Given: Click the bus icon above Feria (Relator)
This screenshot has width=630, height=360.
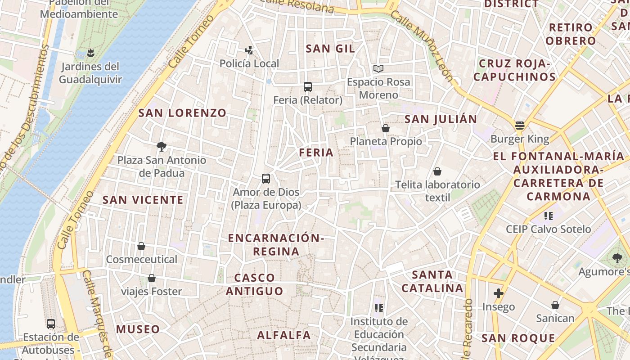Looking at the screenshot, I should (308, 87).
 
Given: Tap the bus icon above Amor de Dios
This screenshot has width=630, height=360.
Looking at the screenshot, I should (266, 179).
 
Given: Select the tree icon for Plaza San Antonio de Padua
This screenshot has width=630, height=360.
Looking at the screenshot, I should (161, 146).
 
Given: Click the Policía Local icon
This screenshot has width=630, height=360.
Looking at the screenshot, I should (249, 50).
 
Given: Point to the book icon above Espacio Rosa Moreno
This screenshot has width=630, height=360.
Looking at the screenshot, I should (378, 69).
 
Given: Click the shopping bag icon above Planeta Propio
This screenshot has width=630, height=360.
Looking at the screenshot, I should (386, 128).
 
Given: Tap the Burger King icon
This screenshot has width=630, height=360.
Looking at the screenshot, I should (520, 126).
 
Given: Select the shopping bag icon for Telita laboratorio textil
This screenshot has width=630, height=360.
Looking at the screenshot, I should (437, 171).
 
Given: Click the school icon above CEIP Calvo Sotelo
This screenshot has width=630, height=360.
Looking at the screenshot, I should (548, 216).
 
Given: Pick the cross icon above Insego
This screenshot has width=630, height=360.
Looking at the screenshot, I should (498, 293).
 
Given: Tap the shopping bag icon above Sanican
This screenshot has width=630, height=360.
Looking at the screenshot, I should (555, 305).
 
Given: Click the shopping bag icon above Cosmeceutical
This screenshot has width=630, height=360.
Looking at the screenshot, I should (141, 246).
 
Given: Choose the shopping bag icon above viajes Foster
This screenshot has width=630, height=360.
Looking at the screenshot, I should (152, 278).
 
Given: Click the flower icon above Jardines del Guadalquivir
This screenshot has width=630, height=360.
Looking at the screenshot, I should (90, 53).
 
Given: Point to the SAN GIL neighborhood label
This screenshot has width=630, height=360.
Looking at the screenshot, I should (330, 49).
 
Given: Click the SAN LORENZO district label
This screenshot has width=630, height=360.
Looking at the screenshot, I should (182, 113).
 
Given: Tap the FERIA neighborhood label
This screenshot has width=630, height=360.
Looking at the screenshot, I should (316, 153).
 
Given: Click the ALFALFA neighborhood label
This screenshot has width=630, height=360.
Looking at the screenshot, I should (284, 335).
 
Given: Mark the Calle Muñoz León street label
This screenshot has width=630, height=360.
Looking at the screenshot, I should (421, 46).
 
